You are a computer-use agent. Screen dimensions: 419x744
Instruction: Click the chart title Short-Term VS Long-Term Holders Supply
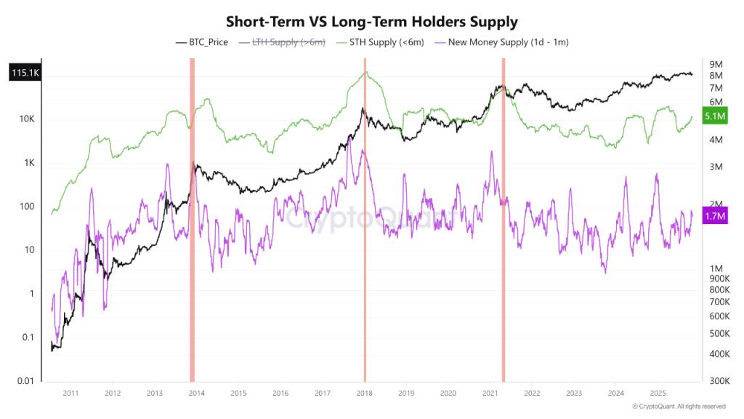click(372, 21)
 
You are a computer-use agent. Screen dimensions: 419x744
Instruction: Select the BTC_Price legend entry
click(202, 42)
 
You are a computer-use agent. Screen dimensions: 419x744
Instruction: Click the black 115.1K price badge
click(25, 73)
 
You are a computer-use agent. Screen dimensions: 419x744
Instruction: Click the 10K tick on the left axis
click(26, 119)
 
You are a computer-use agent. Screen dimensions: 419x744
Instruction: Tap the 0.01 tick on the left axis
click(25, 381)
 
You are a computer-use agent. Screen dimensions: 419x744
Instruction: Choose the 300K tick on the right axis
click(719, 381)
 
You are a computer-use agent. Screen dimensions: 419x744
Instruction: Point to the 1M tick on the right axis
click(716, 268)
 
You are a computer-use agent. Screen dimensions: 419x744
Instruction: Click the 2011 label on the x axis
click(70, 393)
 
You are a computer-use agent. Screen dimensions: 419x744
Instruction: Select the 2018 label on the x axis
click(365, 393)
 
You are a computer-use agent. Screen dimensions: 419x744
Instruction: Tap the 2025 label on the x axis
click(658, 393)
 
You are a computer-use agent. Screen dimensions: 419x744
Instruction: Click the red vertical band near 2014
click(192, 218)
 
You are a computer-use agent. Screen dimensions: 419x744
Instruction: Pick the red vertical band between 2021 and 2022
click(503, 218)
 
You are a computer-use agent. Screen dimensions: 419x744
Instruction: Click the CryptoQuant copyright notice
click(678, 407)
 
